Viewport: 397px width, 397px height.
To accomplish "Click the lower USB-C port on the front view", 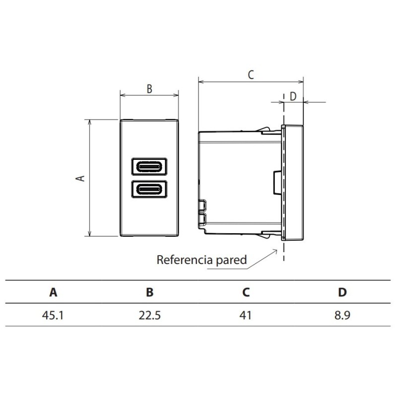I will coord(149,189).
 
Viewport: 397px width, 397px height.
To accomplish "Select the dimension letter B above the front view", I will coord(149,89).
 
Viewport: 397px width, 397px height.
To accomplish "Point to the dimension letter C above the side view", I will coord(251,75).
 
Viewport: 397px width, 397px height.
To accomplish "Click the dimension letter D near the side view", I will coord(293,96).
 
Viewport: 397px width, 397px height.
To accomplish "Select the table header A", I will coord(54,292).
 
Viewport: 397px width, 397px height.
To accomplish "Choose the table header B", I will coord(149,292).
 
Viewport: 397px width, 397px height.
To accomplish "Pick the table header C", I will coord(246,292).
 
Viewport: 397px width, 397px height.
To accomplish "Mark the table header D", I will coord(342,292).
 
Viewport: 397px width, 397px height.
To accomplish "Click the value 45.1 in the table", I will coord(54,315).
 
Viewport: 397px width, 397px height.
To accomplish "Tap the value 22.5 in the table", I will coord(149,315).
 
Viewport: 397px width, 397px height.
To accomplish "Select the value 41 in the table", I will coord(246,315).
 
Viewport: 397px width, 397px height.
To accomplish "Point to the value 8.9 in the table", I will coord(342,315).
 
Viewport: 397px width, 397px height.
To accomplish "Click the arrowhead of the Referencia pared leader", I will coord(275,251).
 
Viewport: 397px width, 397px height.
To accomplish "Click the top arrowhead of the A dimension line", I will coord(89,122).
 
